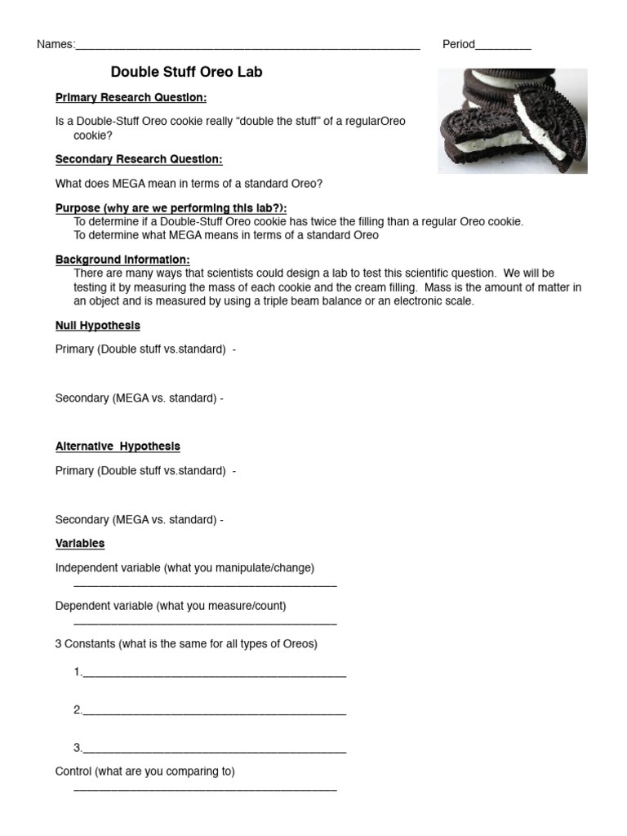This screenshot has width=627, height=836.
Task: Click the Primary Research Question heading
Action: tap(131, 98)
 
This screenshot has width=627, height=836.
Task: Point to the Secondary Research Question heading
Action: tap(139, 159)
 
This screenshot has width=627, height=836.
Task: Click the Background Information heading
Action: tap(122, 260)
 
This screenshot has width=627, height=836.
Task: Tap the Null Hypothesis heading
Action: tap(98, 326)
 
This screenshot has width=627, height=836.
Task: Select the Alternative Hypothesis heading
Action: tap(118, 447)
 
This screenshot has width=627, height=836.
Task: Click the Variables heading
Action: tap(80, 544)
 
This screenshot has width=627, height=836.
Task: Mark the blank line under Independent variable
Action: tap(205, 585)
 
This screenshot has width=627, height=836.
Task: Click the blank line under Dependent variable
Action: tap(205, 623)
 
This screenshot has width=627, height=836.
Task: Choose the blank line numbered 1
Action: tap(214, 674)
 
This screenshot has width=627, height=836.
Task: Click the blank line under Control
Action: tap(205, 789)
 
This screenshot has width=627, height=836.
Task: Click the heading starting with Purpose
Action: tap(171, 208)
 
